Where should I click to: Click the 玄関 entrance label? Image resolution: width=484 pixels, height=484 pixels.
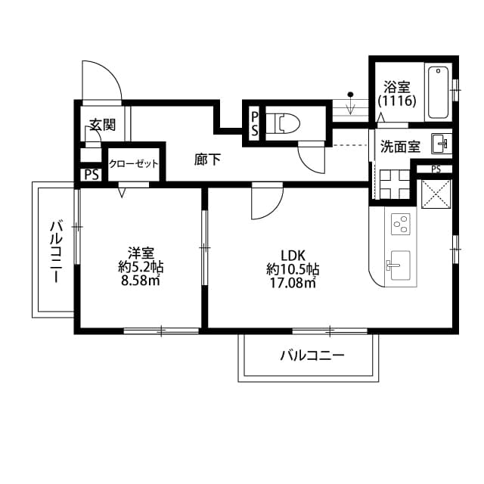pos(101,125)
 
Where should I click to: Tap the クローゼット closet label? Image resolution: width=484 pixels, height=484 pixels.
pos(134,163)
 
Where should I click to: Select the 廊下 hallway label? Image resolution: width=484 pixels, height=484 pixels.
pos(207,160)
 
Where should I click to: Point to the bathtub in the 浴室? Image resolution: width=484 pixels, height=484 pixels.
pos(438,93)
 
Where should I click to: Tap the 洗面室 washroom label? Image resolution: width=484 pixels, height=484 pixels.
pos(400,147)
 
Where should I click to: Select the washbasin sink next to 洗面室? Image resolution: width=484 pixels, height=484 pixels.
pos(440,142)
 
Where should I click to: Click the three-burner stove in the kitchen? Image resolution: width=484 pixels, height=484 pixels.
pos(400,225)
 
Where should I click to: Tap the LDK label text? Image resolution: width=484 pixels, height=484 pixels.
pos(293,254)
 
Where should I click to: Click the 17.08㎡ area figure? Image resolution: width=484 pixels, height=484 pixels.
pos(292,284)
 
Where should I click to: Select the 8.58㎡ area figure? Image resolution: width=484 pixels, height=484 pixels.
pos(141,281)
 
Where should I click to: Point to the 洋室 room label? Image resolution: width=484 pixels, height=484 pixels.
pos(141,253)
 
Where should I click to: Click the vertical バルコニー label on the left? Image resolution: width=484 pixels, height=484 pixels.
pos(55,251)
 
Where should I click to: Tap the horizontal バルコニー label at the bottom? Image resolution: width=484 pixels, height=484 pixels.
pos(312,355)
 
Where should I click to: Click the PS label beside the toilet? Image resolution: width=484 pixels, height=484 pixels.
pos(256,123)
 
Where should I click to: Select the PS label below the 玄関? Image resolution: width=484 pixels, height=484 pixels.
pos(92,175)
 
